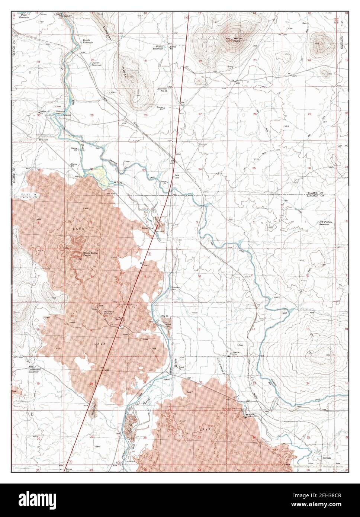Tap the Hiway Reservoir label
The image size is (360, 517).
[159, 48]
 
